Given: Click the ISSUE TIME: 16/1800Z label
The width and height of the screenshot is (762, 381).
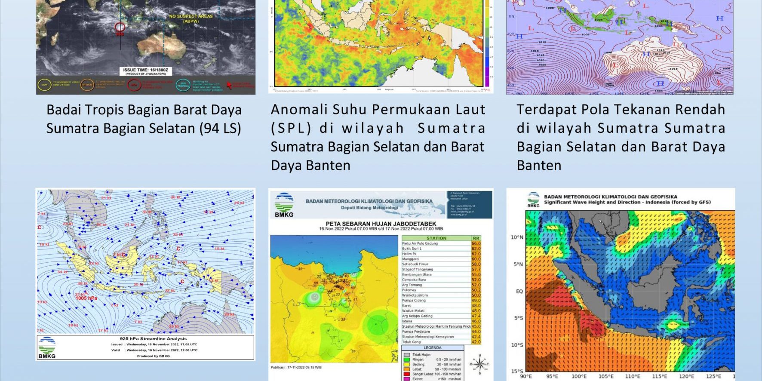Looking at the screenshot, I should (x=145, y=70).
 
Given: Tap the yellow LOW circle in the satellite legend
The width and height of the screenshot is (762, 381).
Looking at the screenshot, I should (x=45, y=85).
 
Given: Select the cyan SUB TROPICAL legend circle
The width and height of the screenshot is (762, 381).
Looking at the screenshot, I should (x=183, y=85).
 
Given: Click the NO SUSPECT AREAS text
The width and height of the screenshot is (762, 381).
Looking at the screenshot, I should (x=191, y=16).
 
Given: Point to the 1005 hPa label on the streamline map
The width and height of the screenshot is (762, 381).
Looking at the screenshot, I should (x=86, y=298).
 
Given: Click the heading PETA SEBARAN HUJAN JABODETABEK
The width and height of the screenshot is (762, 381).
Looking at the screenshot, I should (x=381, y=224).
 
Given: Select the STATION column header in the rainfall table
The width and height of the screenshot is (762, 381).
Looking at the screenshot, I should (x=436, y=238).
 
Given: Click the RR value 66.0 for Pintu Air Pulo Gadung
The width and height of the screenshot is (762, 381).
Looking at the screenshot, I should (x=476, y=243).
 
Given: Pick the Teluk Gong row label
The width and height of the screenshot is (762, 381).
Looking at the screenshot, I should (x=412, y=342).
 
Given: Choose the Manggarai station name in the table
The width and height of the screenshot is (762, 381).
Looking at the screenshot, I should (x=411, y=259).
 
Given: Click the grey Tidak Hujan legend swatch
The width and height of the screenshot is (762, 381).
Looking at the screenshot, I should (x=406, y=355).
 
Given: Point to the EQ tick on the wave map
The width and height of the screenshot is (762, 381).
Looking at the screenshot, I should (x=519, y=291).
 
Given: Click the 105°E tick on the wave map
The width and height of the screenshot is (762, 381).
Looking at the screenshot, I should (x=606, y=376).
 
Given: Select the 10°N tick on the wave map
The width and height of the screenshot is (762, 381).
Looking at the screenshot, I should (x=517, y=237).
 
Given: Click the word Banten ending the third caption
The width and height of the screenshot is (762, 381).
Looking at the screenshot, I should (x=539, y=166).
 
